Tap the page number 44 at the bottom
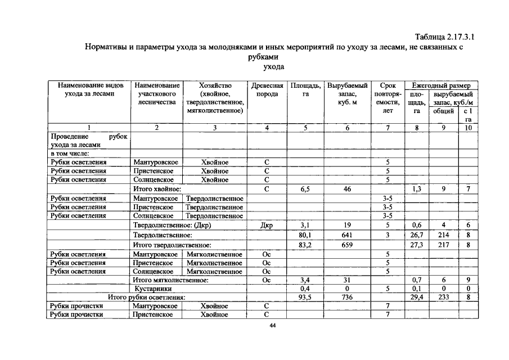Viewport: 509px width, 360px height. point(272,325)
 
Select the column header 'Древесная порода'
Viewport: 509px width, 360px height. point(267,89)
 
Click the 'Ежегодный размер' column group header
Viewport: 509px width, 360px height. point(441,85)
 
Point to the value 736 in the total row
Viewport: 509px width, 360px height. point(347,297)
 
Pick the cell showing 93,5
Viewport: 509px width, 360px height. point(305,297)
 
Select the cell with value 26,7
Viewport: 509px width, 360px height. point(417,235)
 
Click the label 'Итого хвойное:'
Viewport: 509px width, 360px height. point(157,190)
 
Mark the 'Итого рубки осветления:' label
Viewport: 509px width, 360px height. point(147,297)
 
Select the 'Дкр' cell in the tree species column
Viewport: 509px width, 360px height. point(267,226)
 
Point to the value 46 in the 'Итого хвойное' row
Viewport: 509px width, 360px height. point(347,190)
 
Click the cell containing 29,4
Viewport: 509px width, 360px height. point(417,297)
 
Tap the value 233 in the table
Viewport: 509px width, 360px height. point(443,297)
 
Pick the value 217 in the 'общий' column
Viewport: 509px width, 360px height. point(443,245)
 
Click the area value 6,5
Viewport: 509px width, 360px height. point(305,190)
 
